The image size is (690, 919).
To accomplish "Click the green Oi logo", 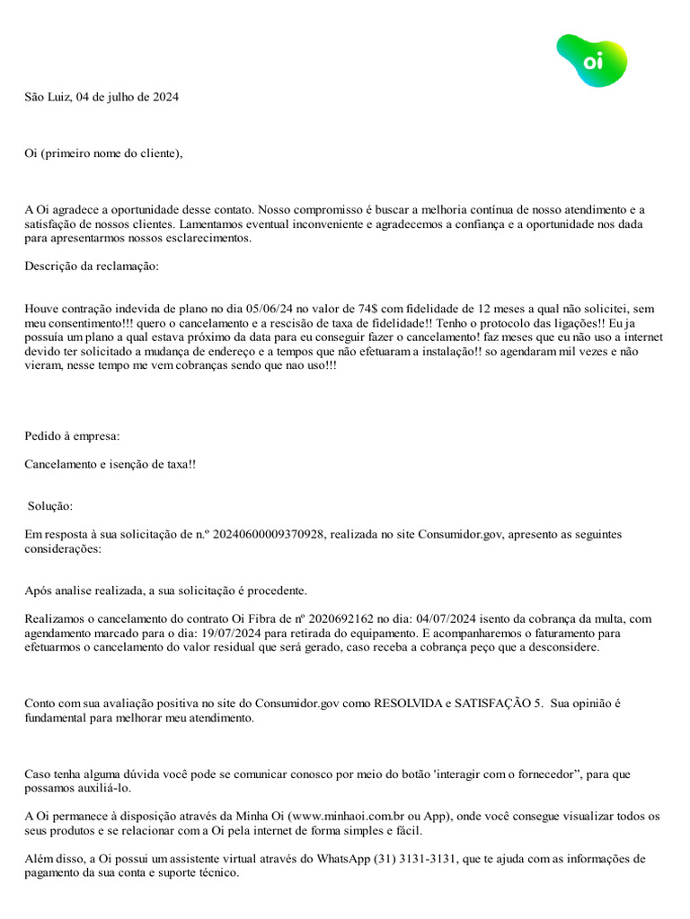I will (591, 60).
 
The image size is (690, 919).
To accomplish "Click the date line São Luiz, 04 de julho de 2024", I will (102, 97).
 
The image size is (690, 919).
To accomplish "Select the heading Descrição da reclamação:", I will (92, 267).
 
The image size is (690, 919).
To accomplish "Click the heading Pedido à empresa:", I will (72, 437).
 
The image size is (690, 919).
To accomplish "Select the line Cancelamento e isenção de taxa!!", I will (110, 463).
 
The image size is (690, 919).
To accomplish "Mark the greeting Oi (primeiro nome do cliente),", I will (103, 153).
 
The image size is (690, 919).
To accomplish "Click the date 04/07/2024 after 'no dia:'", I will (446, 619).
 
